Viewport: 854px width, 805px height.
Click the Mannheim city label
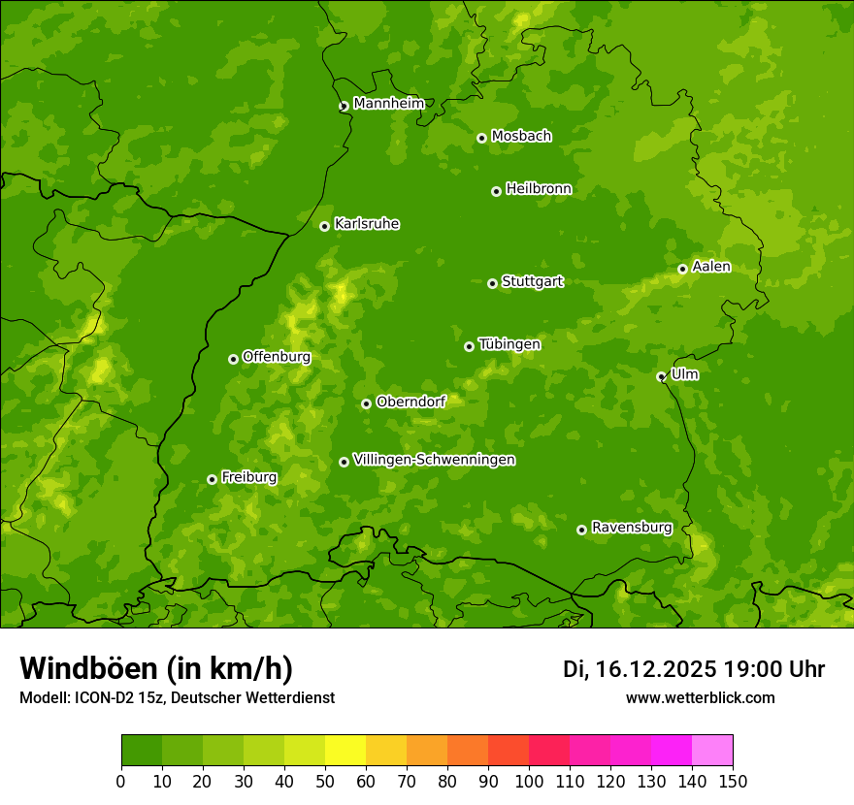(x=388, y=104)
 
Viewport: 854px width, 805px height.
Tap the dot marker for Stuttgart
(x=492, y=283)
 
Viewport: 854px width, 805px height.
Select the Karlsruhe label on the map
(x=366, y=224)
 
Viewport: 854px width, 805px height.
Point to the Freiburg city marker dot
(x=212, y=479)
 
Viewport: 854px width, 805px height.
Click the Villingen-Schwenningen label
(x=434, y=460)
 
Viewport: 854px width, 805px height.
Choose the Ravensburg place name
(x=631, y=528)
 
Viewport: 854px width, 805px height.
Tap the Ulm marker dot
(x=661, y=376)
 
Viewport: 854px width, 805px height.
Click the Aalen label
(x=710, y=267)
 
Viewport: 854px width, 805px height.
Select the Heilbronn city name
(x=538, y=189)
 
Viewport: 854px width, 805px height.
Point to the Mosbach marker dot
(x=481, y=138)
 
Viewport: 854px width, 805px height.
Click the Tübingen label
(x=509, y=344)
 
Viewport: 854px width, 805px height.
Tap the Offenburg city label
(x=276, y=357)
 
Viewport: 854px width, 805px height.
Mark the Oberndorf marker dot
(x=366, y=403)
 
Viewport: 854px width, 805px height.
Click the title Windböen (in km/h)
(x=155, y=668)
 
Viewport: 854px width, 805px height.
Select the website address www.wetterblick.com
(x=700, y=698)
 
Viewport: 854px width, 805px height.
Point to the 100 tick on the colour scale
(x=529, y=781)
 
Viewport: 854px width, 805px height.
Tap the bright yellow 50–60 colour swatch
(x=345, y=751)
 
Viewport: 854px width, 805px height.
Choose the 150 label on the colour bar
(x=733, y=781)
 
